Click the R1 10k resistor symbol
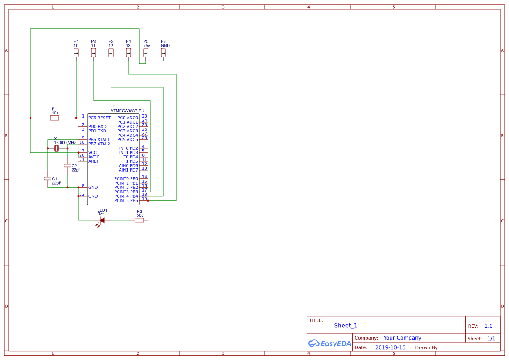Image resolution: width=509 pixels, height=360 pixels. tap(54, 118)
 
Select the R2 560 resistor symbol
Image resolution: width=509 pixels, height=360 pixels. tap(139, 220)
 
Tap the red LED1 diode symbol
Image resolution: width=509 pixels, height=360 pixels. tap(101, 220)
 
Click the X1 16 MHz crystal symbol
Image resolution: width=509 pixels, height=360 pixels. tap(57, 148)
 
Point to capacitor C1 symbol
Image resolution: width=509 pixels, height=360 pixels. tap(48, 178)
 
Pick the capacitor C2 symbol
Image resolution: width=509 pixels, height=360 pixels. tap(67, 165)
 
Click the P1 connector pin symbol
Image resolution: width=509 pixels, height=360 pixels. tap(76, 53)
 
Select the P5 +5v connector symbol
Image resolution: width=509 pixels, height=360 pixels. tap(146, 53)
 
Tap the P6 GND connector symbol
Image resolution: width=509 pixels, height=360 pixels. tap(163, 53)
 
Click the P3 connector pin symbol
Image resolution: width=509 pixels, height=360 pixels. tap(111, 53)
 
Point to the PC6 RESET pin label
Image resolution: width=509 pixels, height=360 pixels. tap(99, 118)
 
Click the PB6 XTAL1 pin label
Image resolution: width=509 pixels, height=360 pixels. tap(99, 140)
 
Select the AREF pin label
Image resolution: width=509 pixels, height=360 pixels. tap(94, 161)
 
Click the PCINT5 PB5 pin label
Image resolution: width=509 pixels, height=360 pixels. tap(126, 201)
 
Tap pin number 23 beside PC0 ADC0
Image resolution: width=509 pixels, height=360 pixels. tap(145, 116)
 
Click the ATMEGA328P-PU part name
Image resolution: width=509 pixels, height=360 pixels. tap(127, 111)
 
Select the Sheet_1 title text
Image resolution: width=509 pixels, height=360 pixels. tap(346, 326)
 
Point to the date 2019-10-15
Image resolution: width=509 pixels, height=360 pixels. tap(390, 347)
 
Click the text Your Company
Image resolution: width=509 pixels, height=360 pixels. tap(402, 338)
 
